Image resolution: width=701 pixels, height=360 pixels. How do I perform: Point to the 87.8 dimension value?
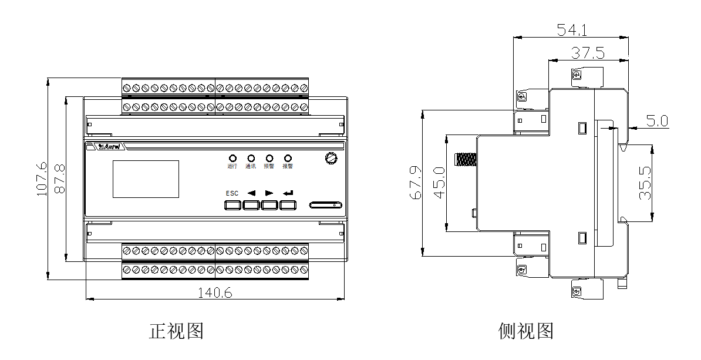coord(60,180)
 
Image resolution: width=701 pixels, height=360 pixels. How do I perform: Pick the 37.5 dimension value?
coord(588,53)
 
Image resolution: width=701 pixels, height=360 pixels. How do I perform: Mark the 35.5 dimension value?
coord(645,183)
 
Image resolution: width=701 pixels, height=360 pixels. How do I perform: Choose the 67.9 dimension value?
coord(416,183)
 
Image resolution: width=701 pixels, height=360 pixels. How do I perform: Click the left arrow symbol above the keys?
coord(251,193)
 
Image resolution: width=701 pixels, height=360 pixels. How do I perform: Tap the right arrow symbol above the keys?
coord(269,193)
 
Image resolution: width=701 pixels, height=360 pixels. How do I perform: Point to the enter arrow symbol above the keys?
coord(288,193)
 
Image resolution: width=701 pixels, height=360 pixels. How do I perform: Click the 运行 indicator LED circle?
coord(232,159)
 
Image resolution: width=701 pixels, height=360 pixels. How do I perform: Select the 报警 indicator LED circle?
coord(288,159)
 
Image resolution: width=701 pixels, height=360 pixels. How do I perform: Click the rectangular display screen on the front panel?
coord(146,179)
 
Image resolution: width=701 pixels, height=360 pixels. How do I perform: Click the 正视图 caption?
coord(176,331)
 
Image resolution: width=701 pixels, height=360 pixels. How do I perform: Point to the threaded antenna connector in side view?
coord(465,159)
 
